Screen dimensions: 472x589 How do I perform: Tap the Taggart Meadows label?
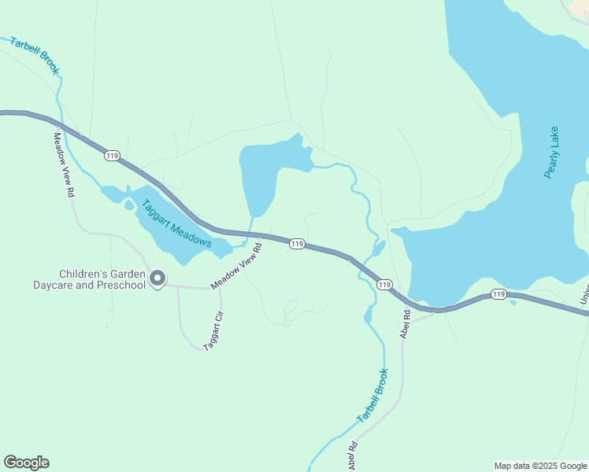[177, 223]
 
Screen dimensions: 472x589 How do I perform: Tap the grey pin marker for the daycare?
[157, 278]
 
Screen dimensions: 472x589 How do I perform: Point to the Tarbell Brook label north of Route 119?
[35, 55]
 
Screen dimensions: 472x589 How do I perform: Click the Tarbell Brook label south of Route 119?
[372, 396]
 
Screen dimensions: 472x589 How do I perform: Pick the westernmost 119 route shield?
[112, 157]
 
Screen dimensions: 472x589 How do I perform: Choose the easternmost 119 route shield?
[498, 294]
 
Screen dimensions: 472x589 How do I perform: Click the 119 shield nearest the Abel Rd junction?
[383, 284]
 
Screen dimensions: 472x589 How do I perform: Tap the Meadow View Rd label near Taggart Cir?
[235, 266]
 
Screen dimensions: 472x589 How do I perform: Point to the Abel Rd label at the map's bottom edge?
[352, 455]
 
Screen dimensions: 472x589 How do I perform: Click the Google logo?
[26, 463]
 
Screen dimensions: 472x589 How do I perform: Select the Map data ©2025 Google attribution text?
[539, 466]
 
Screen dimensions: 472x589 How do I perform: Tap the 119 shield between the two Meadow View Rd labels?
[296, 245]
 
